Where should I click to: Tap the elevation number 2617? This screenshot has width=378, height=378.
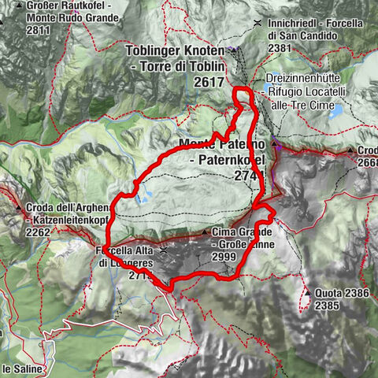coord(210,81)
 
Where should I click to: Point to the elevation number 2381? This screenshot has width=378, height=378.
coord(280,47)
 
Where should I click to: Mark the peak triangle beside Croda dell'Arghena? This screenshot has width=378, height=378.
coord(18,207)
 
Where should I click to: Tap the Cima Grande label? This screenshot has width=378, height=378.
coord(243,233)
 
